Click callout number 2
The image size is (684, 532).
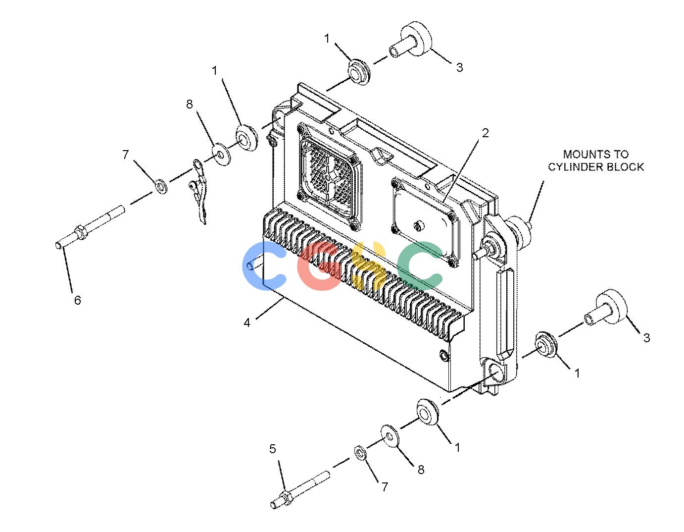485,133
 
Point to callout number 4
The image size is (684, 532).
247,322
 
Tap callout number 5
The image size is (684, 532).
273,449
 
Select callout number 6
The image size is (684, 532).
77,300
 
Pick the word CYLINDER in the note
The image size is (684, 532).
576,167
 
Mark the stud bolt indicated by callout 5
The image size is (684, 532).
300,490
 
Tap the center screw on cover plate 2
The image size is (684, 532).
419,225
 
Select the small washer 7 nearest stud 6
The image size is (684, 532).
161,186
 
